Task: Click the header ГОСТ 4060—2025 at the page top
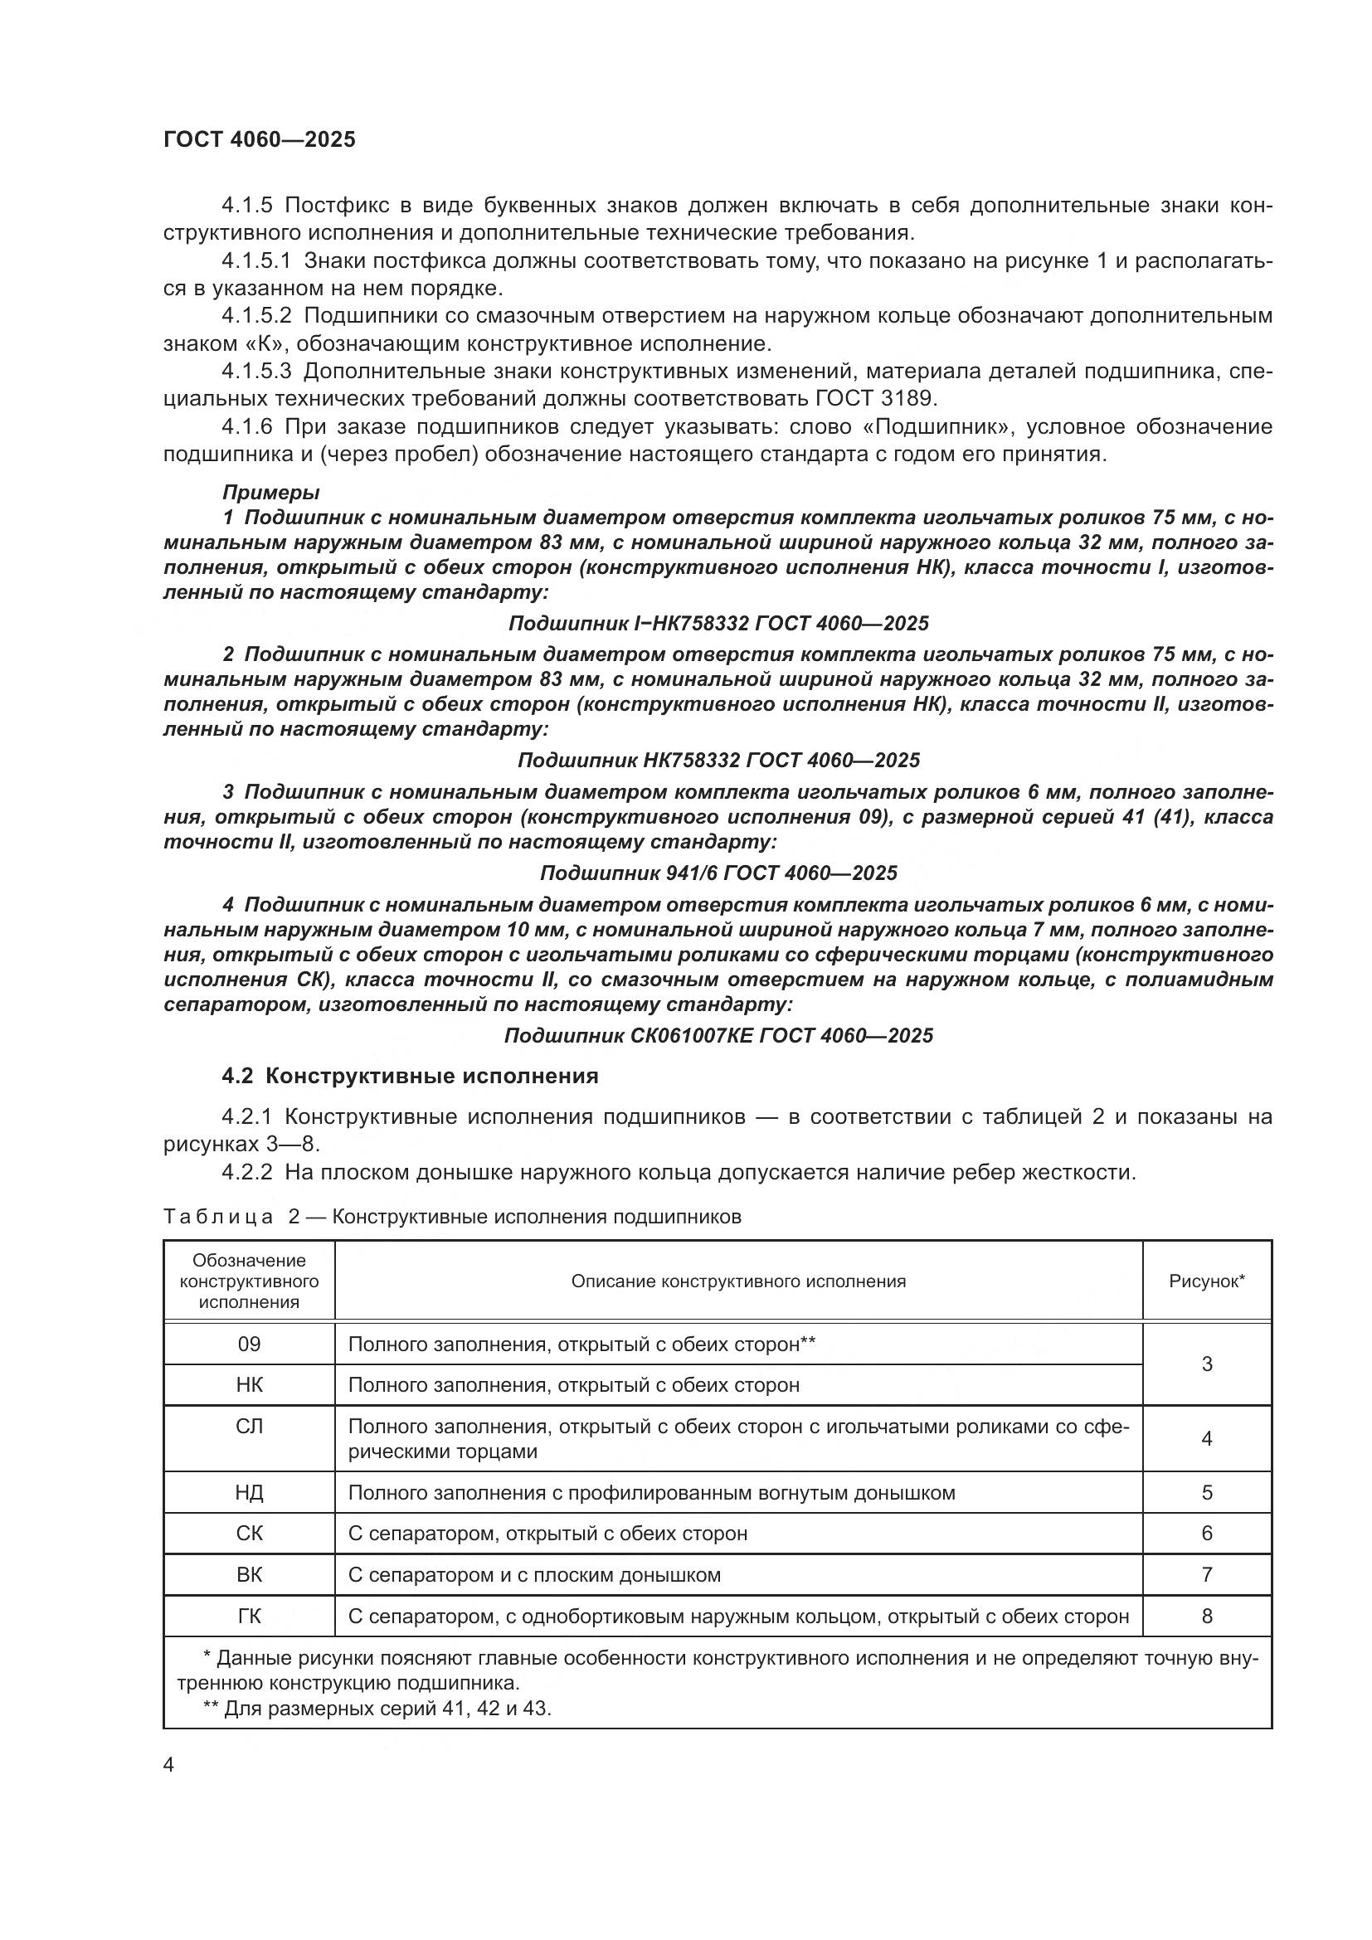tap(260, 140)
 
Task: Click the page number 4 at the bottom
tap(169, 1765)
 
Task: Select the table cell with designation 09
tap(249, 1344)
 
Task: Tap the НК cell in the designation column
tap(249, 1385)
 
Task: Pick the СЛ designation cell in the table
tap(249, 1427)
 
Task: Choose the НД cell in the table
tap(249, 1492)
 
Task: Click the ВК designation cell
tap(249, 1575)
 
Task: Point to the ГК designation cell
tap(249, 1617)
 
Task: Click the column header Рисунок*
tap(1206, 1281)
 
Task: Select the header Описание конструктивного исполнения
tap(738, 1281)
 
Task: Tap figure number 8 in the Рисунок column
tap(1206, 1617)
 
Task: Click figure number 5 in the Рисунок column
tap(1206, 1492)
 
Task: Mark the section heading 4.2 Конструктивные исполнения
tap(410, 1076)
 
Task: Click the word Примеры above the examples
tap(270, 492)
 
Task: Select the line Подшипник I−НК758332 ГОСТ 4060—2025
tap(718, 624)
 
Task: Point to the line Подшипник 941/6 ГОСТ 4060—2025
tap(718, 873)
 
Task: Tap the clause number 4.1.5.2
tap(256, 316)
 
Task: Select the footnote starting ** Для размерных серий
tap(377, 1709)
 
